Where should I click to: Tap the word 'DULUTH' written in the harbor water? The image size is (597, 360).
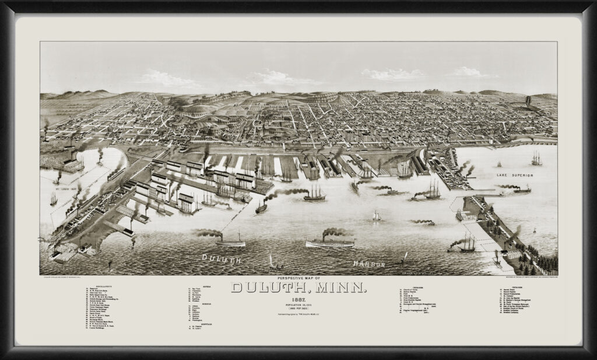(221, 257)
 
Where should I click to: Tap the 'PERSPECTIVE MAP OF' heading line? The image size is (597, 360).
(299, 278)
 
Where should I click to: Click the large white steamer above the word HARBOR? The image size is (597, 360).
(329, 241)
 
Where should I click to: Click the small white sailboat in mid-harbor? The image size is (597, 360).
(377, 216)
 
